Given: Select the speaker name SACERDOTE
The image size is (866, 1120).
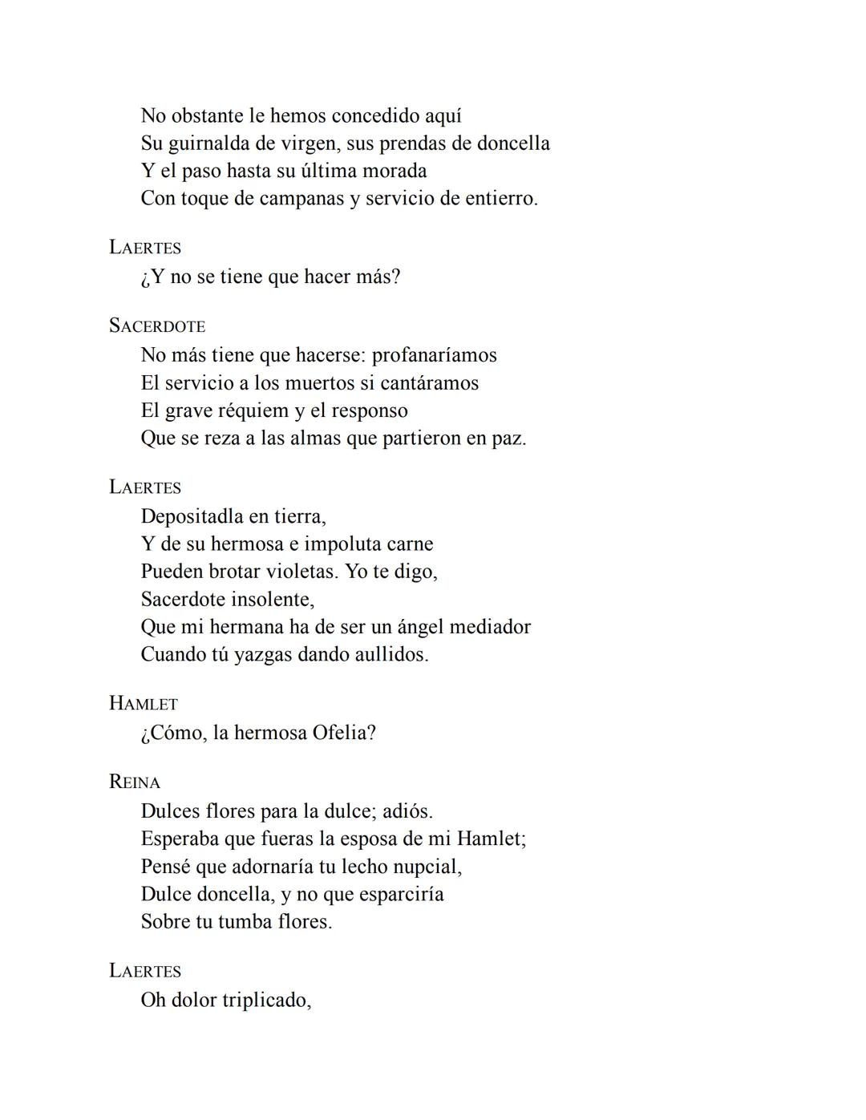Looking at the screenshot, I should point(157,326).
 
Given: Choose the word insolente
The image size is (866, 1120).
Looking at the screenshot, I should point(273,600).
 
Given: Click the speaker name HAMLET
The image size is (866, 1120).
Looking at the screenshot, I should point(144,704).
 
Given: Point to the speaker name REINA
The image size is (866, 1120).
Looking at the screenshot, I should point(135,782).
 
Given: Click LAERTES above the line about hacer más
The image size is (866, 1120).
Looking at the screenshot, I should point(145,248).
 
